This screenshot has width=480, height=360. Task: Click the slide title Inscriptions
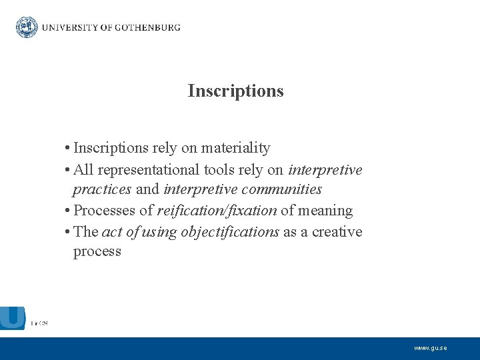[235, 91]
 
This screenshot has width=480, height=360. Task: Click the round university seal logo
[27, 27]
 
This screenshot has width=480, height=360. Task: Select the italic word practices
[103, 189]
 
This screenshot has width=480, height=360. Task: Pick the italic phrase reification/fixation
[217, 211]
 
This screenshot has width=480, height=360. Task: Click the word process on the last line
[97, 251]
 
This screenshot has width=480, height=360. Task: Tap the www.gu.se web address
[431, 348]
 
